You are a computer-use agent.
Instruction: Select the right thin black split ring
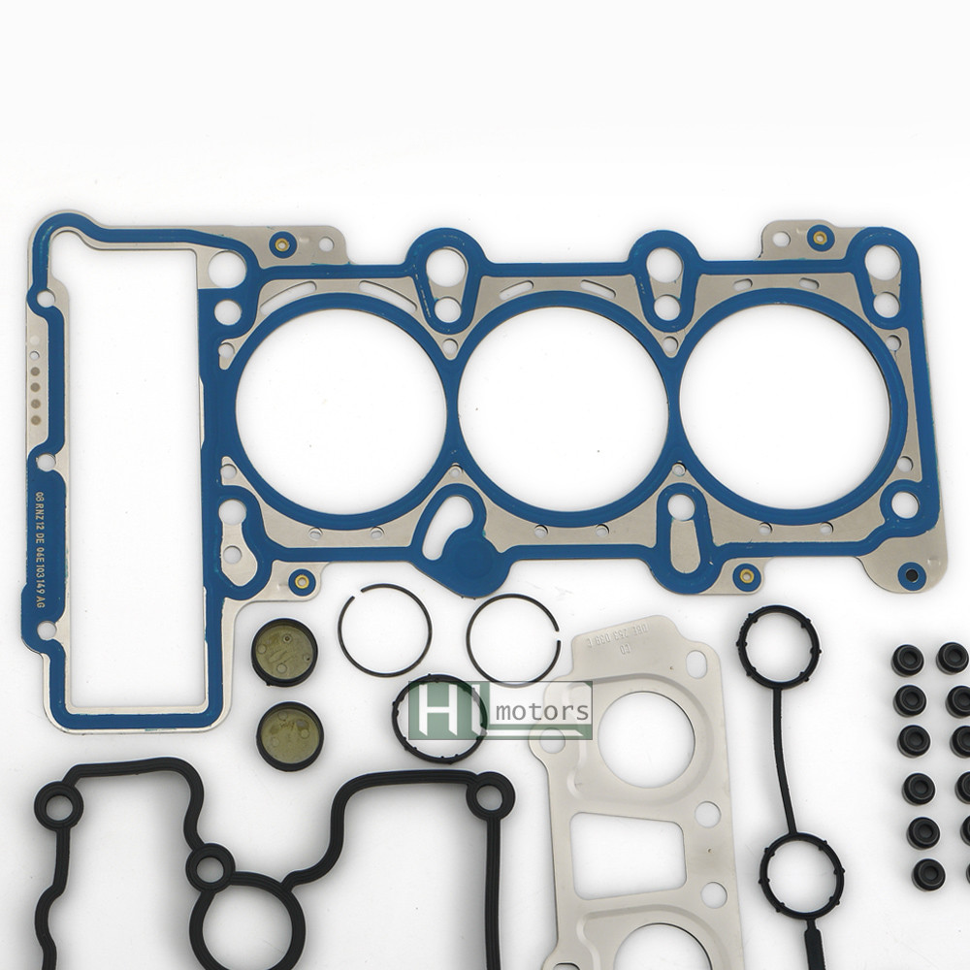coord(512,637)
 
